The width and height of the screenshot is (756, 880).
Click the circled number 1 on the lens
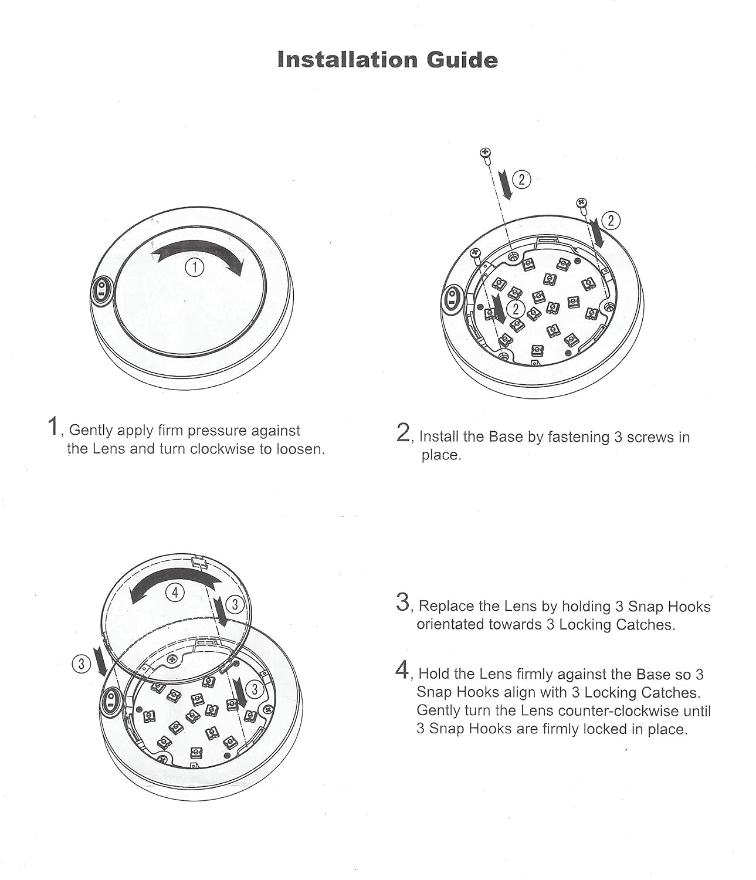click(194, 267)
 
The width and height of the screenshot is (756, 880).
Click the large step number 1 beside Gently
click(53, 427)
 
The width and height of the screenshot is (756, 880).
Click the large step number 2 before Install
click(404, 433)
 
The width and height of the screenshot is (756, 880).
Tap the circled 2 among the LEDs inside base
click(516, 308)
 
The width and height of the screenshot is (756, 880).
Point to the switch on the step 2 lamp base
click(452, 297)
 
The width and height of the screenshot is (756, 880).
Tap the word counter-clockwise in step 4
click(625, 711)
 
